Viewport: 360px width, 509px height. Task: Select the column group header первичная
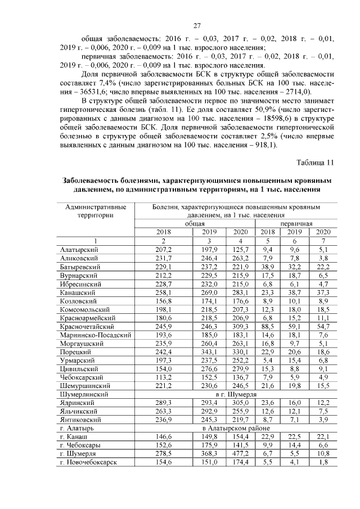tap(295, 223)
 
